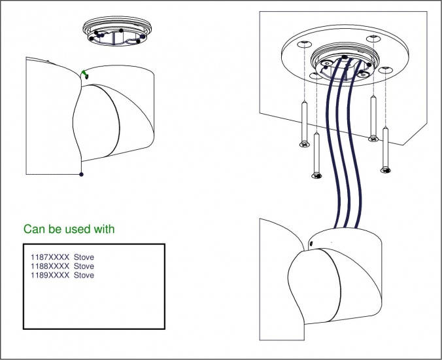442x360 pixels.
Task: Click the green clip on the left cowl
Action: click(84, 73)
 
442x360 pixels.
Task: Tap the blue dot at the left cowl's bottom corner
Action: click(81, 174)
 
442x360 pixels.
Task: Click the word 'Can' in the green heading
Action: click(33, 229)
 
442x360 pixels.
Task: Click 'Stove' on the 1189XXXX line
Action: click(84, 276)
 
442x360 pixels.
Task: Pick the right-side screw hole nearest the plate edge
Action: click(388, 69)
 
